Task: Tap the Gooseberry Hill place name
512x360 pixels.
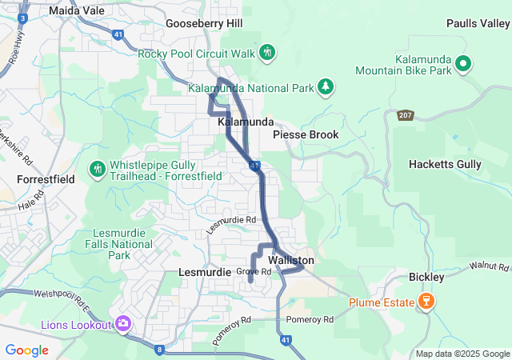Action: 204,24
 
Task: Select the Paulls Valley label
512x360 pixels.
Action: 478,24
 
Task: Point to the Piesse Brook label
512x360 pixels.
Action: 306,134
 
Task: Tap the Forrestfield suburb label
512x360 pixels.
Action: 46,179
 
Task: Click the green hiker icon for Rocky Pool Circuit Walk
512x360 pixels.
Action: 267,53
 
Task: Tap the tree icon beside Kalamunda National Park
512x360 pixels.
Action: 325,86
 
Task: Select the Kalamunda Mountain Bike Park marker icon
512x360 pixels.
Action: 462,63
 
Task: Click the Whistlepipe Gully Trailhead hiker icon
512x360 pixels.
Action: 98,169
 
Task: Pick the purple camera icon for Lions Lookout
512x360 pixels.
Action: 123,324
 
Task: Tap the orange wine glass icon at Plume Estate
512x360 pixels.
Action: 426,302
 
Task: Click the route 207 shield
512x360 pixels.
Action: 406,115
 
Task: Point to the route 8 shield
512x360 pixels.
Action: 159,349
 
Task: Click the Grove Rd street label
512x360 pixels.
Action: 254,272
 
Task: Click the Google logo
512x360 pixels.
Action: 27,350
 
